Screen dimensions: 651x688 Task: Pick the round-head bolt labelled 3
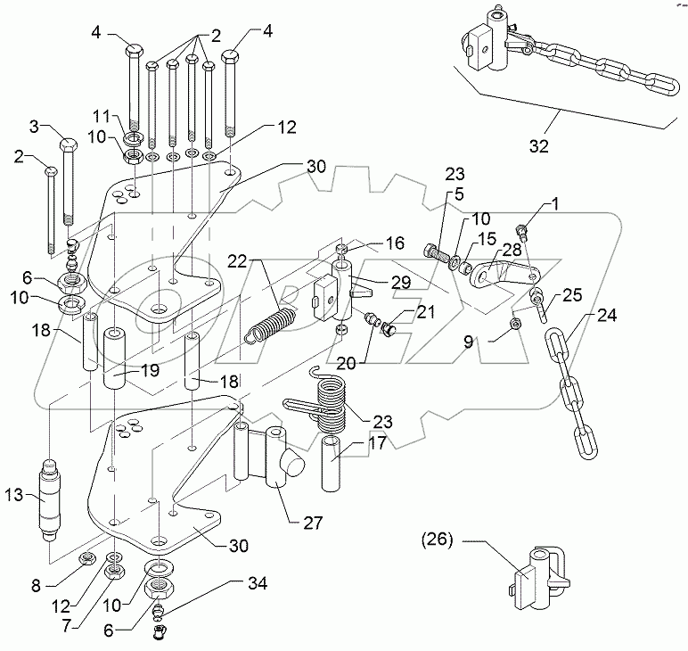(x=70, y=183)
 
